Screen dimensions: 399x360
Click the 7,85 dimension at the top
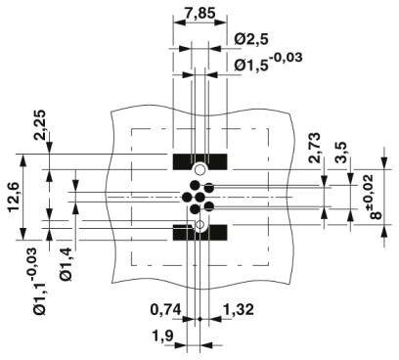pyautogui.click(x=199, y=14)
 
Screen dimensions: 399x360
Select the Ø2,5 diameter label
pyautogui.click(x=251, y=39)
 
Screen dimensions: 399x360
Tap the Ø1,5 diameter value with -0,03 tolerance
pyautogui.click(x=268, y=62)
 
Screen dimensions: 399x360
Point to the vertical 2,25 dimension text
pyautogui.click(x=40, y=124)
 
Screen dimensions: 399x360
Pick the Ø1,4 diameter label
pyautogui.click(x=66, y=264)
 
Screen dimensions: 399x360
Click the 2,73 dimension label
pyautogui.click(x=315, y=148)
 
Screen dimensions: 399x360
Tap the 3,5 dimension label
pyautogui.click(x=341, y=152)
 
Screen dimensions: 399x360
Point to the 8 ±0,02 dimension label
pyautogui.click(x=373, y=197)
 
